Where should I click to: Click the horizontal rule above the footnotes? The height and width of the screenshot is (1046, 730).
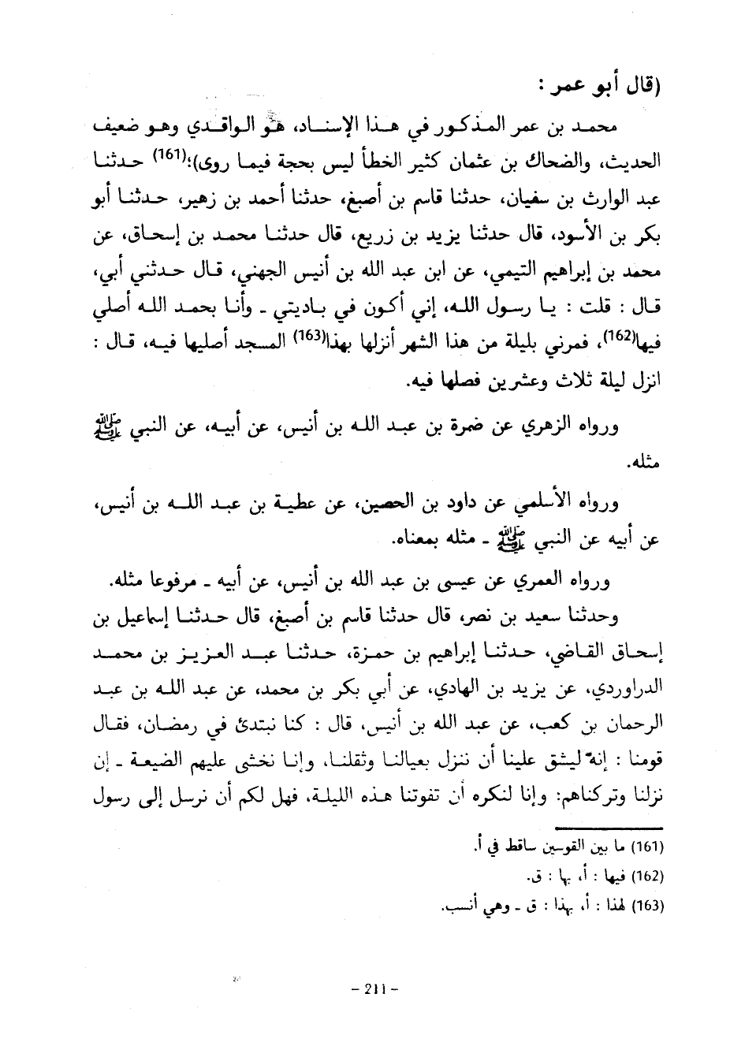click(x=607, y=826)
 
